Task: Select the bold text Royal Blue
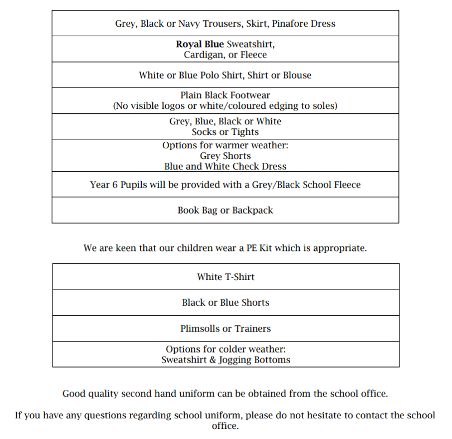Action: click(200, 44)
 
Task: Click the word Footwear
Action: click(248, 95)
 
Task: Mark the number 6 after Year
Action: click(115, 185)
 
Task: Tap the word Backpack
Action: click(253, 210)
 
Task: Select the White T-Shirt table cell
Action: click(225, 277)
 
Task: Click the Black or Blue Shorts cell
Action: click(225, 302)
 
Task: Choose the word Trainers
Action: click(252, 329)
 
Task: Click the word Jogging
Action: click(236, 360)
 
